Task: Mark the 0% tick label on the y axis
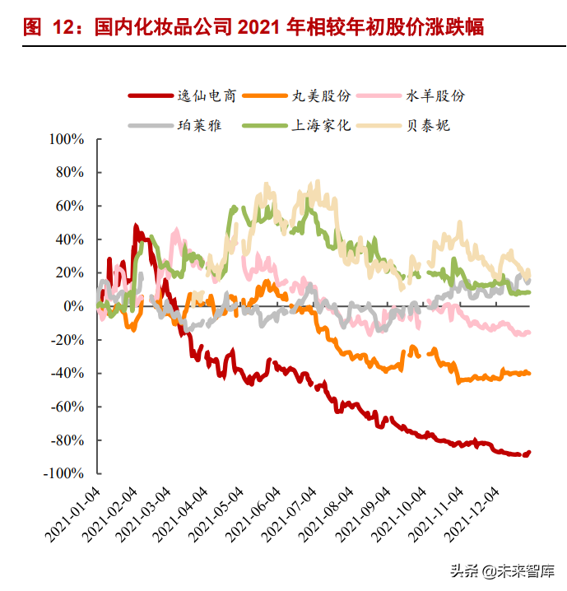click(75, 306)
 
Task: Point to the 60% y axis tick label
click(70, 206)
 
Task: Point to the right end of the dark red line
click(529, 452)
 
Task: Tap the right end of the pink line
click(528, 332)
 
